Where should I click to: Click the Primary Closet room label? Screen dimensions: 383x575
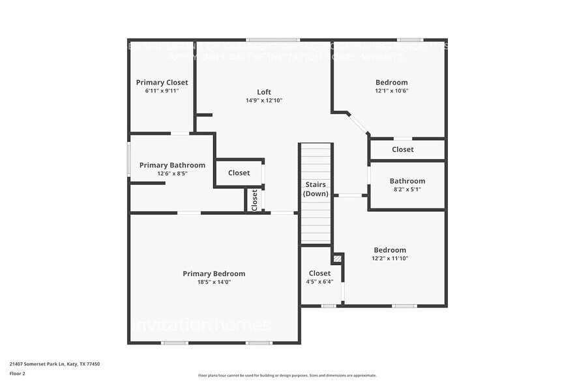point(162,83)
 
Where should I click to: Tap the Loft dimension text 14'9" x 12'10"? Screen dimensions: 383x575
point(263,100)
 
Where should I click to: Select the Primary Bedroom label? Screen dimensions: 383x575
point(214,274)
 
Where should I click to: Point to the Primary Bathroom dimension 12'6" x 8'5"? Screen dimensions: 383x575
point(172,174)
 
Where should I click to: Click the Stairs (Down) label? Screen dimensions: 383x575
point(316,189)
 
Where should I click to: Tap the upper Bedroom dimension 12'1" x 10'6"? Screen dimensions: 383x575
point(391,91)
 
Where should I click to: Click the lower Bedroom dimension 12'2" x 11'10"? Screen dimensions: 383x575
point(390,259)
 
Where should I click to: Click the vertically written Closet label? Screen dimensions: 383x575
point(255,199)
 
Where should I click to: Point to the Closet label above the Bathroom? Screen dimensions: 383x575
point(402,149)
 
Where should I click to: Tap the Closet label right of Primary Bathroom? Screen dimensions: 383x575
point(239,173)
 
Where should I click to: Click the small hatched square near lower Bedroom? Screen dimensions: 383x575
point(336,259)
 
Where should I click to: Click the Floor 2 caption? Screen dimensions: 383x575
point(17,373)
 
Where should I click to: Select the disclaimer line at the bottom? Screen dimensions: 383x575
point(287,375)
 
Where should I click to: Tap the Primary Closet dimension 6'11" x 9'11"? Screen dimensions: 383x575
point(162,91)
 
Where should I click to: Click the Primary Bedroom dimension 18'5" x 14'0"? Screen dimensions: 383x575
point(214,282)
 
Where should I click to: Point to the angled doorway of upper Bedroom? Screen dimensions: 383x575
point(357,124)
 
